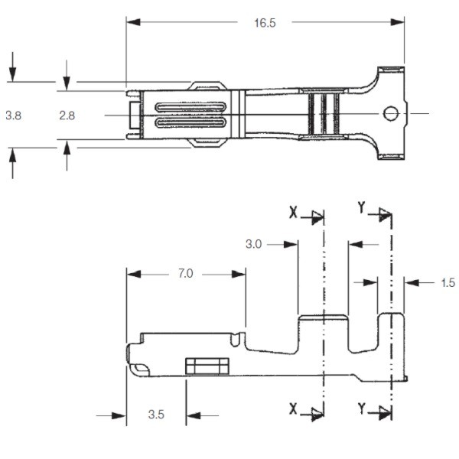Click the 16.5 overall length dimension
(x=265, y=23)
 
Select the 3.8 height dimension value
(x=14, y=116)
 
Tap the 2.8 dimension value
(x=67, y=116)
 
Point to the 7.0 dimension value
(x=186, y=273)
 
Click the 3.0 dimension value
(x=253, y=244)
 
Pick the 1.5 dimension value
(x=448, y=282)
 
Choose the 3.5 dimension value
(x=156, y=414)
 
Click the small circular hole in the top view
(x=391, y=113)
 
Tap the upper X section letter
(x=293, y=212)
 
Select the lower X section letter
(x=293, y=409)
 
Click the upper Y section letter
(x=362, y=207)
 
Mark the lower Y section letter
(x=362, y=409)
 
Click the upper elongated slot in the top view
(x=190, y=107)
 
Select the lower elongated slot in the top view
(x=190, y=122)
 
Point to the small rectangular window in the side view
(x=207, y=366)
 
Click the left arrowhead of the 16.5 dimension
(x=133, y=22)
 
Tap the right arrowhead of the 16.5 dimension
(x=398, y=22)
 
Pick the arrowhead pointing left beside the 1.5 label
(x=412, y=282)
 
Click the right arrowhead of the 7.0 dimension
(x=239, y=274)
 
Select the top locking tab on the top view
(x=207, y=86)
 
